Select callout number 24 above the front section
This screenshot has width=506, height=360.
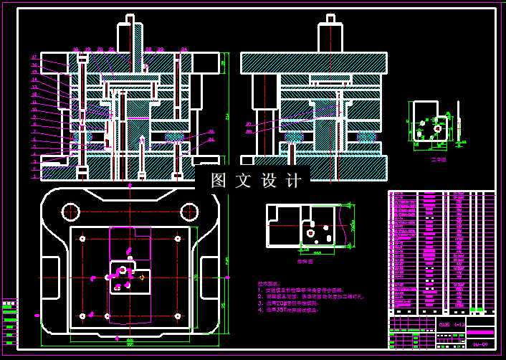tap(183, 49)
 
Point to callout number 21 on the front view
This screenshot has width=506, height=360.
tap(111, 49)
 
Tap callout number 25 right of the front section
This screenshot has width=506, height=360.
tap(211, 132)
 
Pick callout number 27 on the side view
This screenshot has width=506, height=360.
tap(248, 124)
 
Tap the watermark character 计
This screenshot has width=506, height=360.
tap(293, 181)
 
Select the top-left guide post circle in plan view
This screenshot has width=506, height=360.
tap(70, 211)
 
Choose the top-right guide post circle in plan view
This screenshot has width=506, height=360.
tap(189, 211)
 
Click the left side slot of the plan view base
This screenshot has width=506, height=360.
tap(50, 277)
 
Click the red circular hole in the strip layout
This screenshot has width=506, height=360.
tap(310, 233)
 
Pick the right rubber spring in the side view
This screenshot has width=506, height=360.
tap(366, 136)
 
